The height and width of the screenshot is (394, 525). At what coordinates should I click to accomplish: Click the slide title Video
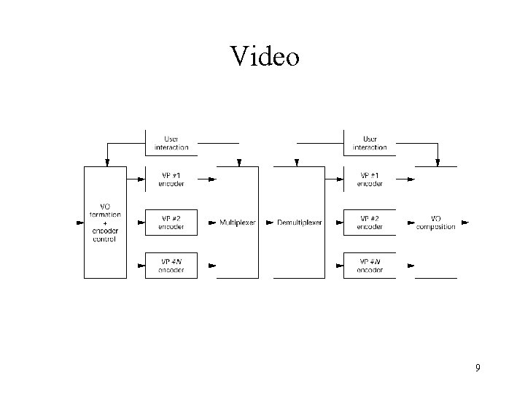[264, 56]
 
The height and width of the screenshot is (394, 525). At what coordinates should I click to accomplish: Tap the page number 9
[478, 367]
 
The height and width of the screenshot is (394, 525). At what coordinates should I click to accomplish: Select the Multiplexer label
[238, 223]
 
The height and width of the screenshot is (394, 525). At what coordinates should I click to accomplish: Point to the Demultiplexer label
[298, 223]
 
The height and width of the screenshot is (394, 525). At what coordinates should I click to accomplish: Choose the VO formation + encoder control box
[105, 222]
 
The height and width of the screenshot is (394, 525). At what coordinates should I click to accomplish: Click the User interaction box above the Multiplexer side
[171, 142]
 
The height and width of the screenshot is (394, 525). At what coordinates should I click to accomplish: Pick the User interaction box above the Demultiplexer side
[370, 142]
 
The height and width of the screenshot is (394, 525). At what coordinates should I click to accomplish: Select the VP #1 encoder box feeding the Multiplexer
[171, 179]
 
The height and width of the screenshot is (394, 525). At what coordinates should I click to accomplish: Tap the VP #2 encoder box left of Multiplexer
[171, 223]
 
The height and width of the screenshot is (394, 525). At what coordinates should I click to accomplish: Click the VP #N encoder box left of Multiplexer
[171, 265]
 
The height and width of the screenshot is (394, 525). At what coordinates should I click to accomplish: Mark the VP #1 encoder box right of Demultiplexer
[370, 179]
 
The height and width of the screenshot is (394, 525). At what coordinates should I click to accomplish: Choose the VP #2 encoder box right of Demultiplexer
[370, 223]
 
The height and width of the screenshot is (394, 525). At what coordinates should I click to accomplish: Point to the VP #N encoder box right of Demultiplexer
[370, 265]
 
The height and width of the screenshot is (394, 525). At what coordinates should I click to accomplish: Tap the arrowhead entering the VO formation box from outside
[79, 223]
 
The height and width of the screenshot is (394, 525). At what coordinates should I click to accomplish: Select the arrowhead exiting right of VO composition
[465, 223]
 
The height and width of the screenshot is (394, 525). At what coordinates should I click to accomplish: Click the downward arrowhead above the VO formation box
[107, 161]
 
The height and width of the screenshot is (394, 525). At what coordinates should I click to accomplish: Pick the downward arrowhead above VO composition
[437, 161]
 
